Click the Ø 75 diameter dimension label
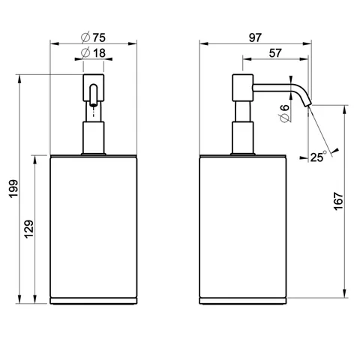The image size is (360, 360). coord(93,37)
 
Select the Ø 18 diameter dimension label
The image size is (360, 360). coord(93,52)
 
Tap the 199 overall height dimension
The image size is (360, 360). coord(13,189)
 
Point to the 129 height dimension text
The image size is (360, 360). coord(28,229)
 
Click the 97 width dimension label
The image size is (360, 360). coord(255,37)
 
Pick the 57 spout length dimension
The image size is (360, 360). coord(275,53)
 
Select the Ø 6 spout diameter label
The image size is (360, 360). coord(284,114)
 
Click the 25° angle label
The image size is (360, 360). coord(319,157)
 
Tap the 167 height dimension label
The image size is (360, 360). coord(338,201)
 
